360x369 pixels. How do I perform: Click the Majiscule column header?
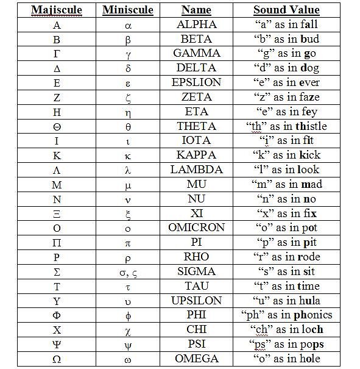[x=57, y=10]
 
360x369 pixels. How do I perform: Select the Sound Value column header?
[x=286, y=10]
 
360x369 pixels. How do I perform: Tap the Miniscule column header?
[x=128, y=10]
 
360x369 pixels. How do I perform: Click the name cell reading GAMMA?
[x=196, y=53]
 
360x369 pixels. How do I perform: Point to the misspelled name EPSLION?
[x=196, y=82]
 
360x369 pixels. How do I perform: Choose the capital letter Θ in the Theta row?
[x=57, y=126]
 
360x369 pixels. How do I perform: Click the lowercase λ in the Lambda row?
[x=128, y=170]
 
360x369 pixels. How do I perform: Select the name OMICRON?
[x=196, y=227]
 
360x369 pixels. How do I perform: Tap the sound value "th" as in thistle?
[x=286, y=126]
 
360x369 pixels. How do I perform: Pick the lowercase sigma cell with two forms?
[x=128, y=271]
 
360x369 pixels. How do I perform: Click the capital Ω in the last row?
[x=57, y=359]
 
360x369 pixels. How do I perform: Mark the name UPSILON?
[x=196, y=301]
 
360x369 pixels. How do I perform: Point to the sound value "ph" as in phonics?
[x=286, y=315]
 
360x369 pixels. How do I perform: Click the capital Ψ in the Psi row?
[x=57, y=344]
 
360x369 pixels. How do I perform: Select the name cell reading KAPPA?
[x=196, y=155]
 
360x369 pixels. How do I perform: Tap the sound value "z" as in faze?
[x=286, y=97]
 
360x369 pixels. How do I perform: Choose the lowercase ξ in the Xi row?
[x=128, y=213]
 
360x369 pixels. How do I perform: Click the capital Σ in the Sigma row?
[x=57, y=271]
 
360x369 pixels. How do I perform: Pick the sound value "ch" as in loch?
[x=286, y=329]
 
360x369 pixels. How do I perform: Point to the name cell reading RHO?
[x=196, y=257]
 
